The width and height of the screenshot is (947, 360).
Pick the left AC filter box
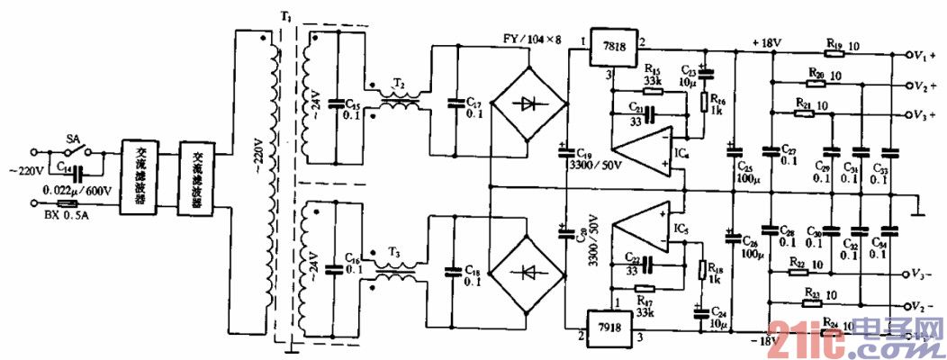(140, 176)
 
